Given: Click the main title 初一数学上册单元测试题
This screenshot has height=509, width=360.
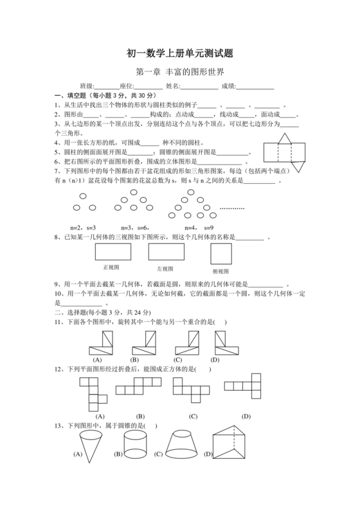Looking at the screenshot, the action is (179, 55).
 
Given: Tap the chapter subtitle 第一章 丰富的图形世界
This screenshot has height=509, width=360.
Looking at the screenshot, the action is (180, 73).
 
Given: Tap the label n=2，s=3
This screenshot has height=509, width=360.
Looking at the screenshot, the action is (82, 228).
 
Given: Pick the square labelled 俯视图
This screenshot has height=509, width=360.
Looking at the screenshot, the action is (222, 254).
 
